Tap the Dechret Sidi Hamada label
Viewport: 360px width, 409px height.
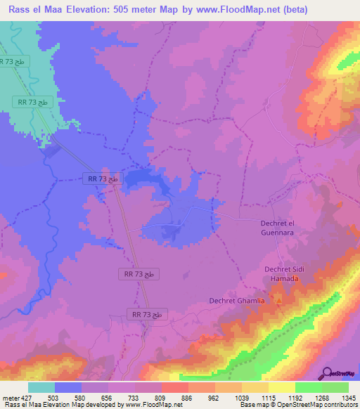(282, 273)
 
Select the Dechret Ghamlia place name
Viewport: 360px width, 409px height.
(237, 301)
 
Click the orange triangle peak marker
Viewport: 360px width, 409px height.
(278, 300)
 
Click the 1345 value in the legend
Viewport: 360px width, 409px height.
(349, 398)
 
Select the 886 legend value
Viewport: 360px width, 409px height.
(188, 398)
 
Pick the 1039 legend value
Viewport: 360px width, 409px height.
(241, 398)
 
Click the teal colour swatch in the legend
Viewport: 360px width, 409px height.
(41, 387)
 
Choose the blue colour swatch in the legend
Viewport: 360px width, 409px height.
(68, 387)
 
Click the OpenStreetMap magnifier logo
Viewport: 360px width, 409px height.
(328, 372)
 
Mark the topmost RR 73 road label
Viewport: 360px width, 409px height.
(14, 62)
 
